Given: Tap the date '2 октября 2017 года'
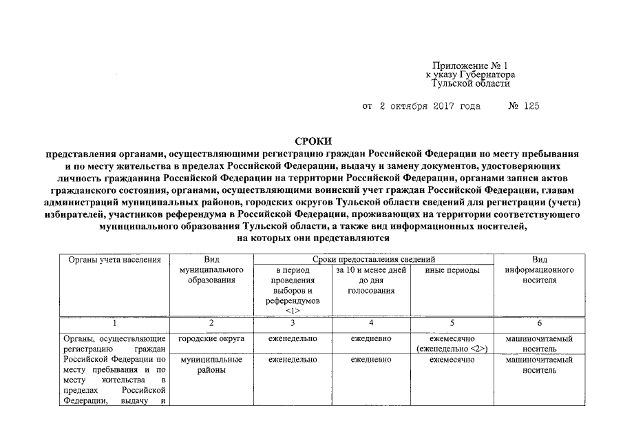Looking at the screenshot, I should [x=421, y=107].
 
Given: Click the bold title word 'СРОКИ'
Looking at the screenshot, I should [x=313, y=141].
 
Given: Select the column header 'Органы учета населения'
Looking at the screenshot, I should [x=115, y=260].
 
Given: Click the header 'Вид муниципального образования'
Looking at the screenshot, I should [x=211, y=270].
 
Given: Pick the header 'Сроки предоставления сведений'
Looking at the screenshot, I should [x=373, y=260].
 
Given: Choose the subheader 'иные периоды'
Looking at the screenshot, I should [x=452, y=271].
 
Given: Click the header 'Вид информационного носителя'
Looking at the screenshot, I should [x=539, y=270].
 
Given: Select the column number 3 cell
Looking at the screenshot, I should [x=293, y=322].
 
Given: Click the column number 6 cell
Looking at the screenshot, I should [x=539, y=322].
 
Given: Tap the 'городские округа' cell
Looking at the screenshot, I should [x=211, y=339].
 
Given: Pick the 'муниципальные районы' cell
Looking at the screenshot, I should [x=211, y=365].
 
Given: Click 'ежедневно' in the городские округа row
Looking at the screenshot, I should [x=371, y=339].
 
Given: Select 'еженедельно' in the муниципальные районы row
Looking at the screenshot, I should [x=293, y=360].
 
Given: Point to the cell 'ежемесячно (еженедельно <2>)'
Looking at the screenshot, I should [x=452, y=344].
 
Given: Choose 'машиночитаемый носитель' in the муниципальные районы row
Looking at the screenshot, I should [x=539, y=365].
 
